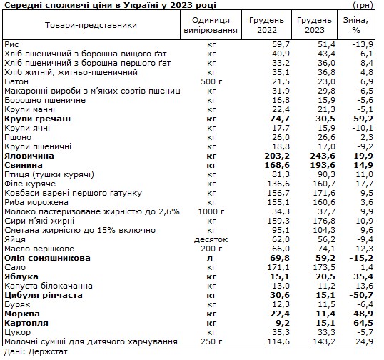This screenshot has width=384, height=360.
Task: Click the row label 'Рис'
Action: pos(11,44)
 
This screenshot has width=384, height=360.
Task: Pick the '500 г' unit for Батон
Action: pos(211,81)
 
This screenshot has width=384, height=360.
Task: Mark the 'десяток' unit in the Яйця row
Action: pos(211,239)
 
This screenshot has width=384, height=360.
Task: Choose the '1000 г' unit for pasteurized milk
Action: pos(211,211)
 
